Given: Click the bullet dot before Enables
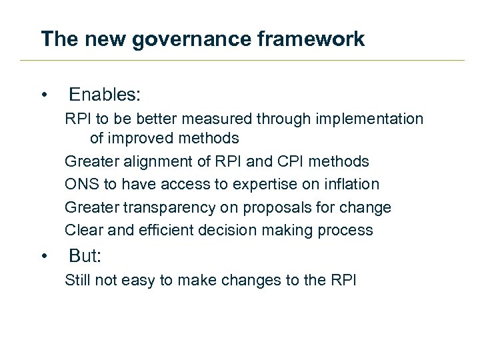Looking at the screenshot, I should [44, 95].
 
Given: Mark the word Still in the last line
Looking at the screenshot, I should [77, 280].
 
